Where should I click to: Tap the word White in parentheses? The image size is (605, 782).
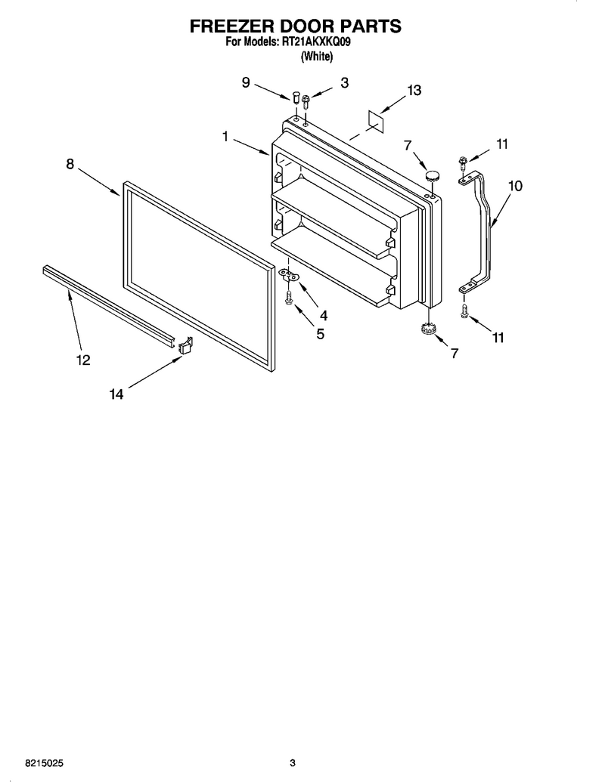click(x=316, y=57)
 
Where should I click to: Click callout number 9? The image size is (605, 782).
click(x=246, y=82)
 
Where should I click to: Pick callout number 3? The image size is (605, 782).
click(x=344, y=83)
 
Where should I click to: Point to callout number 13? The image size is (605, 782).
click(x=414, y=90)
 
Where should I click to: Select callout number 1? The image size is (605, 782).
click(x=225, y=136)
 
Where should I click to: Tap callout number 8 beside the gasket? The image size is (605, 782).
click(x=70, y=164)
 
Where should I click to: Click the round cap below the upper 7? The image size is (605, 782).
click(x=433, y=175)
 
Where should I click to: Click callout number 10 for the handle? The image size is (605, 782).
click(x=515, y=186)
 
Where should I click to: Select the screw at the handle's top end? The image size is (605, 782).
click(x=462, y=163)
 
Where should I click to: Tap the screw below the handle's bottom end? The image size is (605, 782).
click(x=464, y=311)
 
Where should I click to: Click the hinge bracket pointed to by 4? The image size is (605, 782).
click(x=287, y=274)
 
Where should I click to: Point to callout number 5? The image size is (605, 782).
click(x=320, y=334)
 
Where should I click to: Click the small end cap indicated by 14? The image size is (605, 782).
click(x=185, y=345)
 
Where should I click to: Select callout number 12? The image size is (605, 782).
click(x=83, y=360)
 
